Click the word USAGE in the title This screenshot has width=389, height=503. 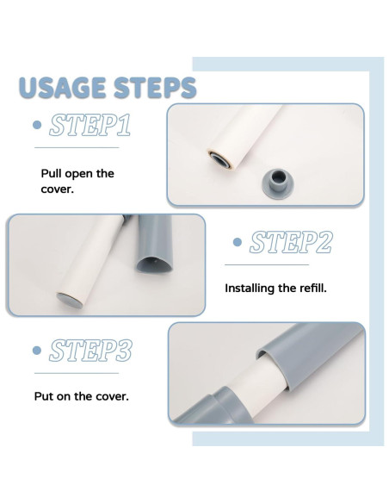pyautogui.click(x=63, y=87)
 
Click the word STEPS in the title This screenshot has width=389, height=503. pyautogui.click(x=155, y=87)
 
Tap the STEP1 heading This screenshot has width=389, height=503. pyautogui.click(x=90, y=125)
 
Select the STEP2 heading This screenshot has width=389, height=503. pyautogui.click(x=291, y=242)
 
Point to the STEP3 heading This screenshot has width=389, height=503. pyautogui.click(x=90, y=351)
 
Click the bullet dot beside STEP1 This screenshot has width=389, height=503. pyautogui.click(x=37, y=125)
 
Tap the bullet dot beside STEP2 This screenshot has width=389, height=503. pyautogui.click(x=238, y=242)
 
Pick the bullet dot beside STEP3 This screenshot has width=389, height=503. pyautogui.click(x=37, y=351)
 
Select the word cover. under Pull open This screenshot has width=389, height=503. pyautogui.click(x=57, y=189)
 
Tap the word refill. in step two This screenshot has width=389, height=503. pyautogui.click(x=313, y=288)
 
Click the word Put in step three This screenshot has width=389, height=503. pyautogui.click(x=44, y=396)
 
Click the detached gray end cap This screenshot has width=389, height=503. pyautogui.click(x=277, y=183)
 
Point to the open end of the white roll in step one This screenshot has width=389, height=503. pyautogui.click(x=220, y=158)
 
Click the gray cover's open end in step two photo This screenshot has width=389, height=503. pyautogui.click(x=155, y=264)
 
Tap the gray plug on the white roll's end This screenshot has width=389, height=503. pyautogui.click(x=70, y=301)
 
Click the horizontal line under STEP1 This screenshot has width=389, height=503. pyautogui.click(x=77, y=147)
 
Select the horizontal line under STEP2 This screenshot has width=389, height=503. pyautogui.click(x=267, y=265)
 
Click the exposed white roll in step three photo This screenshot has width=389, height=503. pyautogui.click(x=256, y=390)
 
